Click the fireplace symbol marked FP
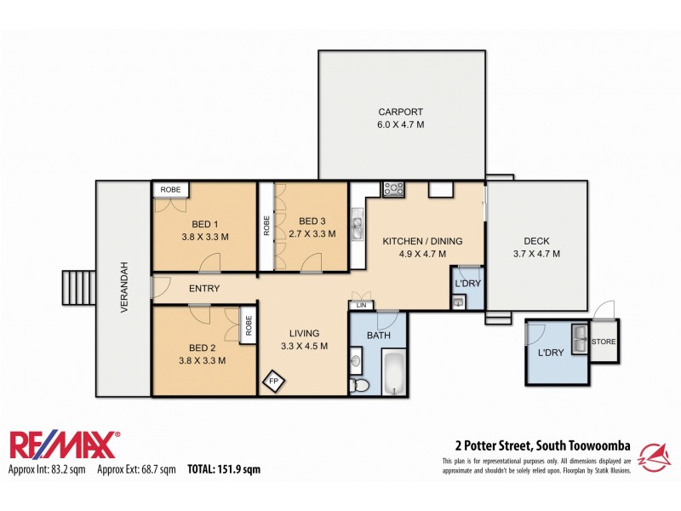click(274, 380)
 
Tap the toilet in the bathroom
click(360, 387)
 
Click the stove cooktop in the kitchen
click(393, 189)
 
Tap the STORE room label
click(604, 342)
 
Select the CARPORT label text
click(401, 112)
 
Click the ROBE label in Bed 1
click(170, 189)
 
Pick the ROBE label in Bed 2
click(249, 325)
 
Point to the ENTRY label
click(204, 289)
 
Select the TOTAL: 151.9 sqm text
click(224, 469)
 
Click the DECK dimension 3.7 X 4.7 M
click(536, 254)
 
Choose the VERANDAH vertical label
click(124, 288)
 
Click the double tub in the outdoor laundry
click(579, 339)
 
